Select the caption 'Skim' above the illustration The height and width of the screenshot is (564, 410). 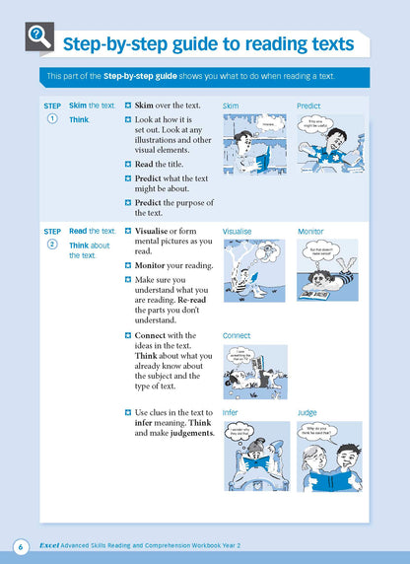(232, 105)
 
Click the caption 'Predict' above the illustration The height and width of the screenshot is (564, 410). (309, 105)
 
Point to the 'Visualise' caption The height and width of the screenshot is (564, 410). (238, 232)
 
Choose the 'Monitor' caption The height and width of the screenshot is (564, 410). (310, 232)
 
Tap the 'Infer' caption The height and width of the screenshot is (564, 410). (231, 412)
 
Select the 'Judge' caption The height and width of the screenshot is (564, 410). (307, 412)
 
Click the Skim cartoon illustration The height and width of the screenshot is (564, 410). (254, 144)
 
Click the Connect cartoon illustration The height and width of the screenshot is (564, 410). (254, 372)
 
